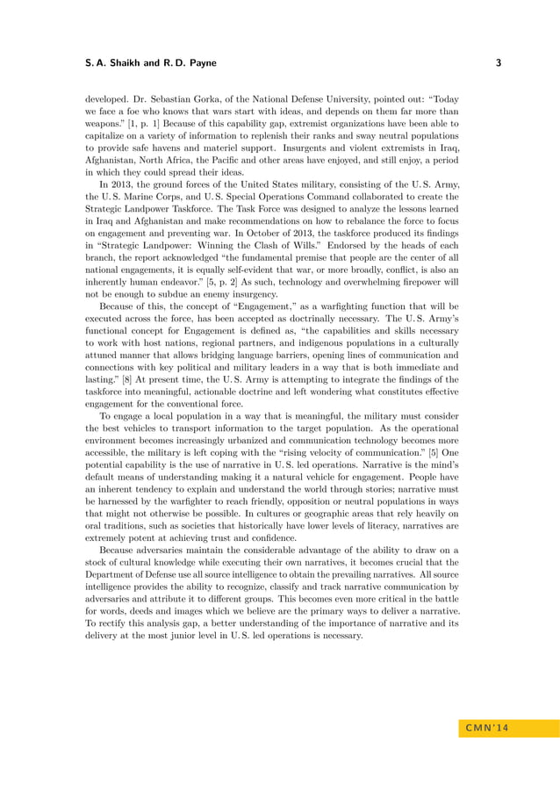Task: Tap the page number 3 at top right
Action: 498,63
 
